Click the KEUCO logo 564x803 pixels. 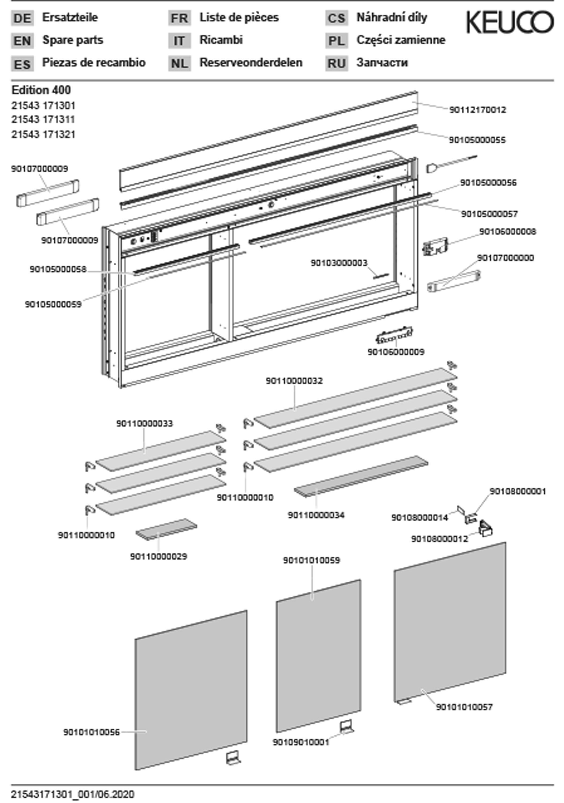click(x=509, y=22)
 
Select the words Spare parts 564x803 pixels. click(x=73, y=40)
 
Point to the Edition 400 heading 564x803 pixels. click(x=41, y=90)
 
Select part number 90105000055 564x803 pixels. click(x=477, y=140)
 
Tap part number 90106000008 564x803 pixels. click(x=507, y=232)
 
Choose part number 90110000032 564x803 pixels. click(x=294, y=381)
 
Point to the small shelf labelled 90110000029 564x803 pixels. click(x=166, y=529)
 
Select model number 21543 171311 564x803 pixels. click(x=43, y=120)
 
